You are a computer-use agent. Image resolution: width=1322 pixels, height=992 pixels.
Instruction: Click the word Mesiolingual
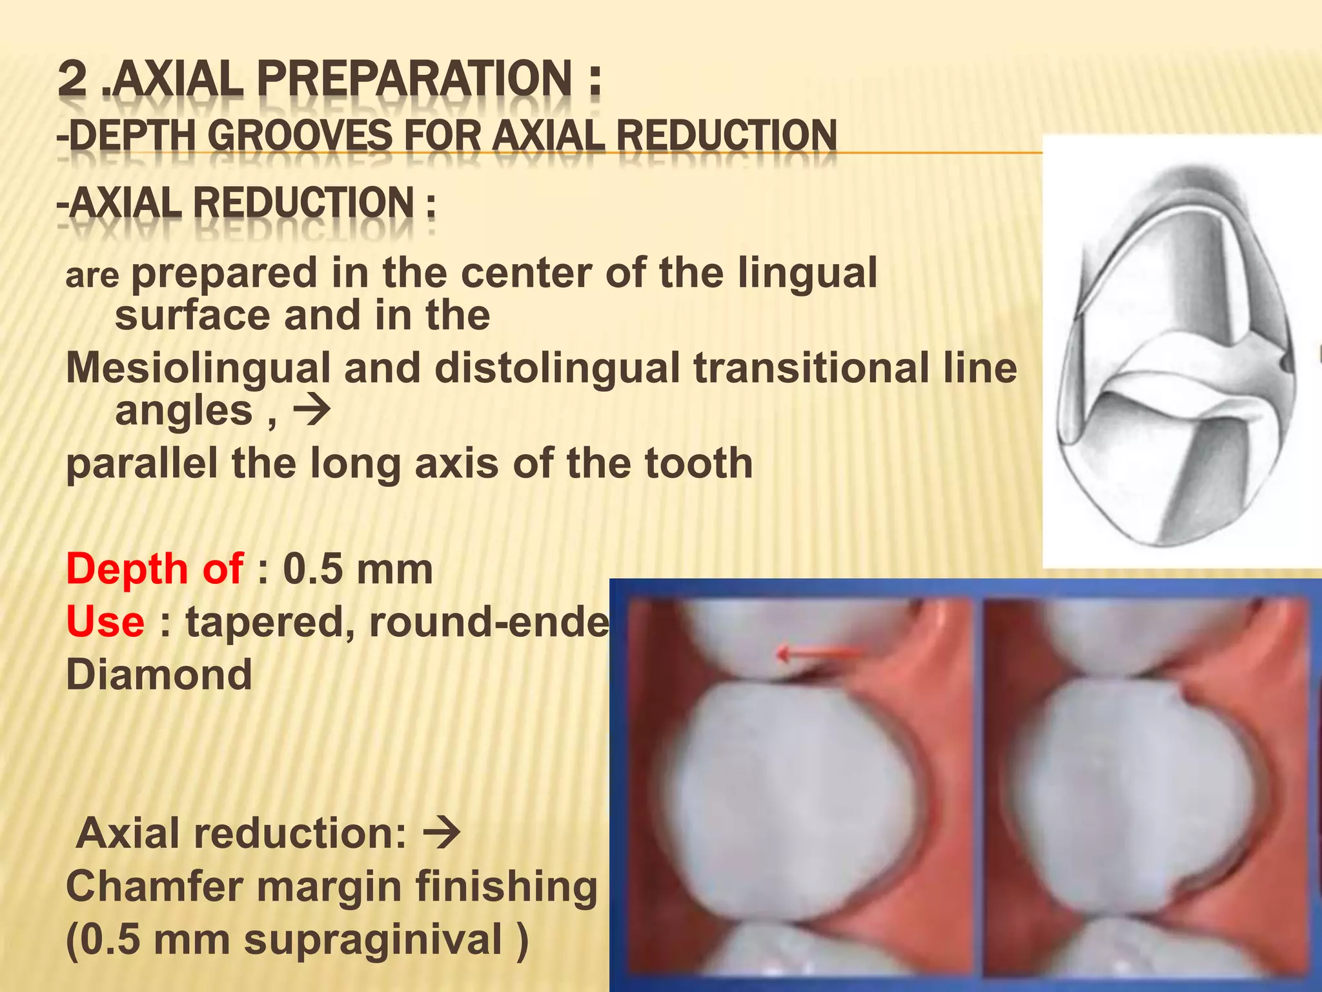click(198, 368)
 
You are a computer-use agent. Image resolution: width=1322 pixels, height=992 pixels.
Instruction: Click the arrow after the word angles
click(312, 409)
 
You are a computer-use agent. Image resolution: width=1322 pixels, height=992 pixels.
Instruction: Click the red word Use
click(105, 622)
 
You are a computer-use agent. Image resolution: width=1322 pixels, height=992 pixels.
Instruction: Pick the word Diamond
click(159, 675)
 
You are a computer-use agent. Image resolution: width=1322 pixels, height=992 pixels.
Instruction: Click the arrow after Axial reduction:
click(442, 833)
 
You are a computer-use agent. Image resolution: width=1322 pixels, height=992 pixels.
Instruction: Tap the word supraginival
click(372, 939)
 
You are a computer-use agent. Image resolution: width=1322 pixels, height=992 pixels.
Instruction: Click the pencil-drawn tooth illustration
click(1175, 352)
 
